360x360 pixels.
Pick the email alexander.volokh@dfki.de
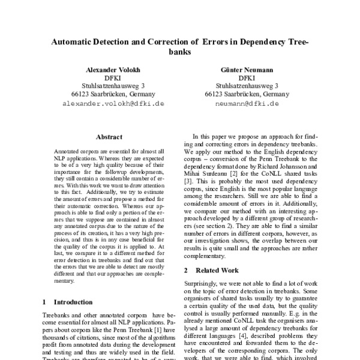(108, 103)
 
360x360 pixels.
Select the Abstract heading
(109, 137)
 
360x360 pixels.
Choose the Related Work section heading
(216, 271)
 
